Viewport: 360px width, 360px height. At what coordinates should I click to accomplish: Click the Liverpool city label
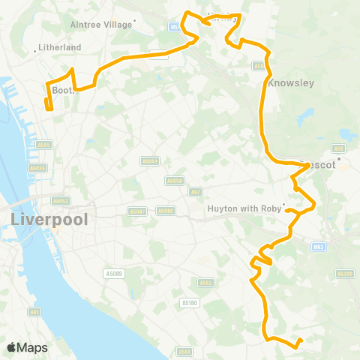click(49, 220)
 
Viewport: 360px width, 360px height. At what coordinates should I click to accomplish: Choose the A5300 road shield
click(345, 274)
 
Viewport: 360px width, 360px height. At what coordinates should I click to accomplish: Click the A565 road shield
click(44, 145)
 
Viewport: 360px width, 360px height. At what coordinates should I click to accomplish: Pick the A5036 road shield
click(37, 169)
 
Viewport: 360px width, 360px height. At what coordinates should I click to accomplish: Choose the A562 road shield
click(205, 283)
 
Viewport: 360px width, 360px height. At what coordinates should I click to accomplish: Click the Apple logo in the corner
click(12, 347)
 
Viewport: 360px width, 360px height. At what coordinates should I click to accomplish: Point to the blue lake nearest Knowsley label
click(307, 116)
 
